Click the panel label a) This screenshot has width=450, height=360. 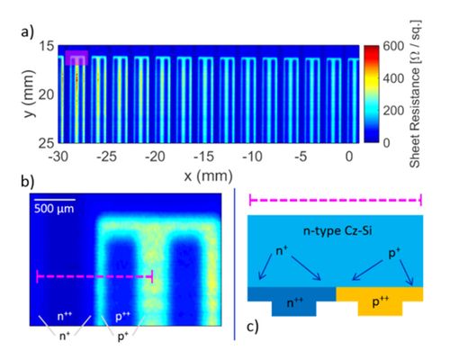click(28, 31)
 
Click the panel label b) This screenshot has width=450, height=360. click(28, 182)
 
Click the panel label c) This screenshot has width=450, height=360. click(253, 327)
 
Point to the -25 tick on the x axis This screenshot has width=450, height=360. click(107, 157)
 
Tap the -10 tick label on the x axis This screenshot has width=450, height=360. click(252, 157)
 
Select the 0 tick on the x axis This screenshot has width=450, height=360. click(349, 157)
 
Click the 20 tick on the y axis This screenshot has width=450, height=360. click(47, 94)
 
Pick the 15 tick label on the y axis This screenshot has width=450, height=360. click(47, 46)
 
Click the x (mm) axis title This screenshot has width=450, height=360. click(208, 175)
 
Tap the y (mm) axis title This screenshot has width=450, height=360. click(29, 94)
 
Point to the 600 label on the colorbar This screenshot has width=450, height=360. click(393, 46)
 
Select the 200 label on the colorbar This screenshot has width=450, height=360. click(393, 111)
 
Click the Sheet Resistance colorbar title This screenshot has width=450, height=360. click(415, 94)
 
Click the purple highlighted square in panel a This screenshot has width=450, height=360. click(76, 58)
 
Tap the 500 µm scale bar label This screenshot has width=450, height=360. click(54, 209)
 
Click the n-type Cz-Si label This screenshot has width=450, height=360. click(337, 231)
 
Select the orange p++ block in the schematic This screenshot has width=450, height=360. click(380, 301)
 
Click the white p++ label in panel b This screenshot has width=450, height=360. click(122, 317)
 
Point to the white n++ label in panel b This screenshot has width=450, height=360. click(65, 316)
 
